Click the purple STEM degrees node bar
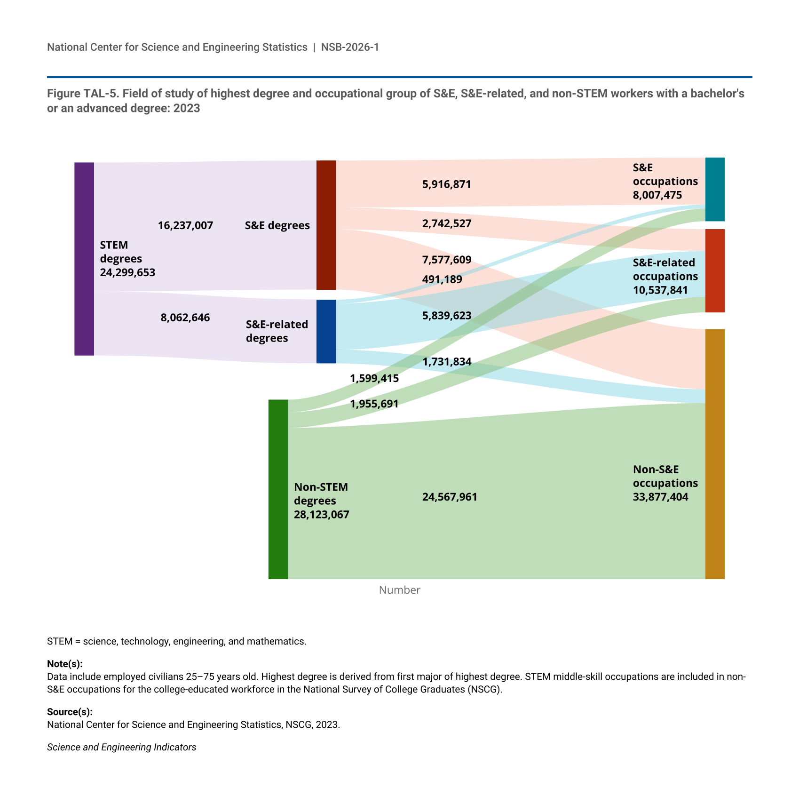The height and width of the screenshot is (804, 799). (x=84, y=259)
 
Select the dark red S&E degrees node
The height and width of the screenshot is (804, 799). (x=326, y=225)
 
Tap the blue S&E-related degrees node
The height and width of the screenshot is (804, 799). (x=326, y=331)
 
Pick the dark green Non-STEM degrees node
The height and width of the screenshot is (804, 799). (x=278, y=489)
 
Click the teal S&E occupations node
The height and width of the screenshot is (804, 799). (x=715, y=189)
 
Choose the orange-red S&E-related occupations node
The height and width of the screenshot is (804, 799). (x=715, y=271)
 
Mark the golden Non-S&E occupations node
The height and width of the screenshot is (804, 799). (x=715, y=454)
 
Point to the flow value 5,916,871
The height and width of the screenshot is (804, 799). (x=446, y=184)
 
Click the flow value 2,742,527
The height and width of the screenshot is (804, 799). (x=446, y=223)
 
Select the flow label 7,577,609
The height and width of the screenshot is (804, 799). (x=446, y=260)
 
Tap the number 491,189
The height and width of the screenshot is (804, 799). (x=442, y=279)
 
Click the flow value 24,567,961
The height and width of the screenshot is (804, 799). (x=450, y=497)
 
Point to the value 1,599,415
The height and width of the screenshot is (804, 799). (x=374, y=378)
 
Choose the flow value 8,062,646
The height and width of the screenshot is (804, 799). (x=185, y=318)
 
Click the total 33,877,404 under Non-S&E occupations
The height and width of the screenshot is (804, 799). (x=660, y=497)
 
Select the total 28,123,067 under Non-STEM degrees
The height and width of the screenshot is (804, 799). (x=322, y=514)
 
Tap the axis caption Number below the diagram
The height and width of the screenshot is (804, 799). (x=399, y=590)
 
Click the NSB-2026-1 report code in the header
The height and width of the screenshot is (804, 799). (x=350, y=47)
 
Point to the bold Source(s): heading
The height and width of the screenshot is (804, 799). (x=70, y=712)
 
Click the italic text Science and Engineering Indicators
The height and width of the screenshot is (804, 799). (x=121, y=747)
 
